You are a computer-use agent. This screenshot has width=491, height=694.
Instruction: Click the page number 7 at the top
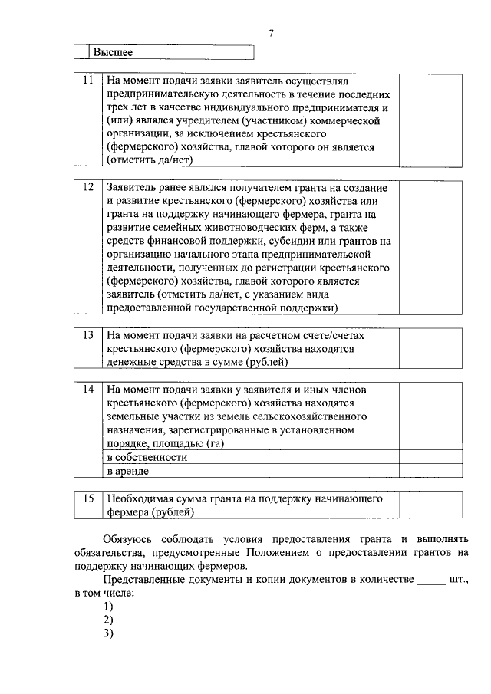coord(271,33)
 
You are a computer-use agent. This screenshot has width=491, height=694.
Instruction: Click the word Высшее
coord(113,52)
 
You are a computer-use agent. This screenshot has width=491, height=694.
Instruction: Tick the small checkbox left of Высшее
coord(82,52)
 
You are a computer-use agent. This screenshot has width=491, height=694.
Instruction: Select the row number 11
coord(88,80)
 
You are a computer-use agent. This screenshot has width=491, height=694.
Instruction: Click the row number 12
coord(88,187)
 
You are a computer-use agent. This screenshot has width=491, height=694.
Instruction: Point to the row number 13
coord(88,335)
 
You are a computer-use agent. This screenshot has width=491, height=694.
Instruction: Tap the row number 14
coord(88,389)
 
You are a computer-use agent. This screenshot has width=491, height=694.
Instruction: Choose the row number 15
coord(88,498)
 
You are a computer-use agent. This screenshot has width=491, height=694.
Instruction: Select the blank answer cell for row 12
coord(430,247)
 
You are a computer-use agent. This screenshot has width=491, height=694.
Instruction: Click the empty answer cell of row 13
coord(430,347)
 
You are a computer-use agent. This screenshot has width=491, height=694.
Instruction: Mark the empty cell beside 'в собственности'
coord(430,456)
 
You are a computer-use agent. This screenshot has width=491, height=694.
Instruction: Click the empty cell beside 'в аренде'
coord(430,470)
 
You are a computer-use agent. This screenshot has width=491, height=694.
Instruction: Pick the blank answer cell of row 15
coord(430,505)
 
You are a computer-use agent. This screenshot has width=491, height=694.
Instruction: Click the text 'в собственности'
coord(147,456)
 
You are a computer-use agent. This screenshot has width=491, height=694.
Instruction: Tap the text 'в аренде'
coord(127,471)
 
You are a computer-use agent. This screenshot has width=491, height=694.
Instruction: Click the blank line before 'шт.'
coord(430,584)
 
